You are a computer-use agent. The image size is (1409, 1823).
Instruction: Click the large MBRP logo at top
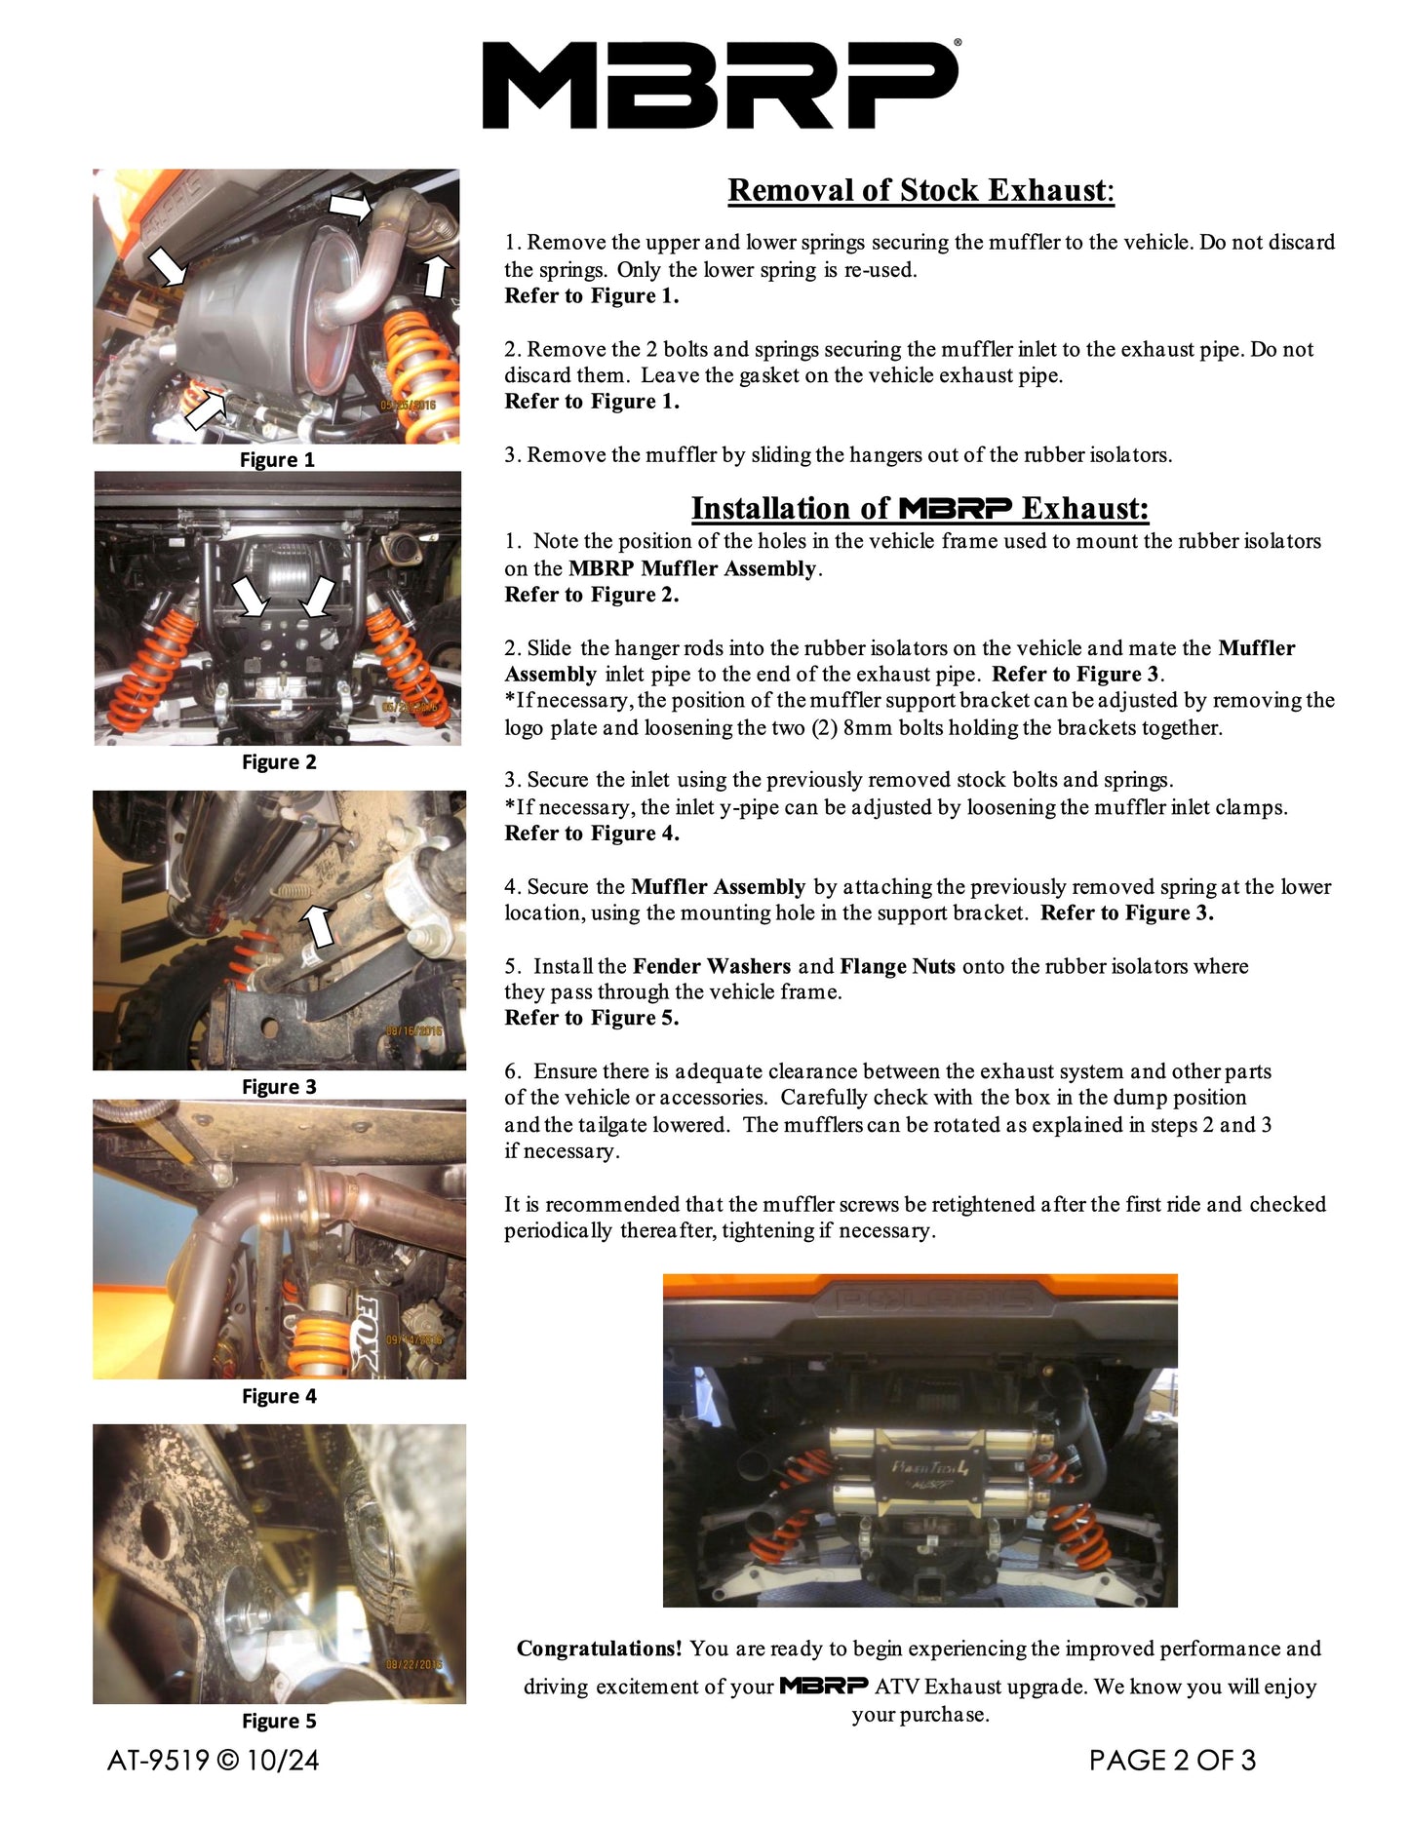[721, 85]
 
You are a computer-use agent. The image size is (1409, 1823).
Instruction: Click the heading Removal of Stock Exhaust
[920, 190]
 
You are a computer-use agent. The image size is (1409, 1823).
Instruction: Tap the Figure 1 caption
[277, 460]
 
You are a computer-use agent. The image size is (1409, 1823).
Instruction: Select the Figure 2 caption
[279, 762]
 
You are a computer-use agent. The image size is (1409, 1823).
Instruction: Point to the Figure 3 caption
[279, 1087]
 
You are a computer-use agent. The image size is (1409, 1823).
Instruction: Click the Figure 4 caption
[279, 1397]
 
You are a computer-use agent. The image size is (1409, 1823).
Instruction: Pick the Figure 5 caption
[279, 1722]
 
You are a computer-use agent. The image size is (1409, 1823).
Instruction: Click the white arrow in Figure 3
[319, 925]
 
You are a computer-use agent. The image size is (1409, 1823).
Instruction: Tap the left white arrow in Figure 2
[251, 597]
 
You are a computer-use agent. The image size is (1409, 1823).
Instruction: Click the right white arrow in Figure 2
[319, 597]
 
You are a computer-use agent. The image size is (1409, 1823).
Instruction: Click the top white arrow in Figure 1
[350, 207]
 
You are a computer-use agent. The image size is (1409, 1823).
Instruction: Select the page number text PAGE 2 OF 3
[1172, 1761]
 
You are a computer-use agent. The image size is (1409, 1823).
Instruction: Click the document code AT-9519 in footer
[158, 1761]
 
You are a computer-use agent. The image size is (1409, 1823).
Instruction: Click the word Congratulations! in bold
[599, 1648]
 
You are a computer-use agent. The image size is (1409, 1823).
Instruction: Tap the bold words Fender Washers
[711, 966]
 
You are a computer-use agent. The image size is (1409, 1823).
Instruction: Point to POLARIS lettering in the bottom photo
[920, 1299]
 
